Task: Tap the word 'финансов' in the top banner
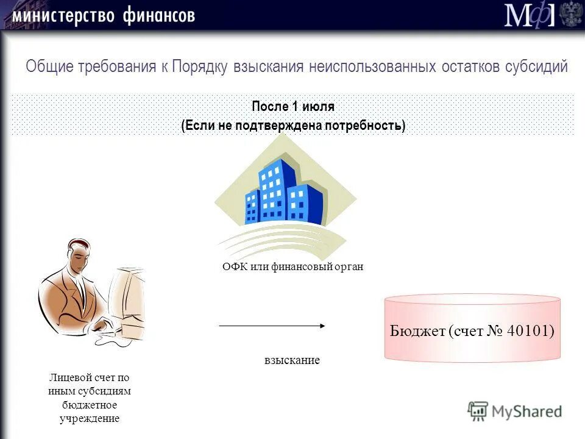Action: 159,15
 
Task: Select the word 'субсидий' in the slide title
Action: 536,66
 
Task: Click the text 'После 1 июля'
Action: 293,107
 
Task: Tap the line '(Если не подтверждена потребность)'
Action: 293,126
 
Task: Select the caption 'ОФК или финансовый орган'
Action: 292,267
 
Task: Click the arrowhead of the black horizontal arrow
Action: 322,326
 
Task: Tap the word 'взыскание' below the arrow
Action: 292,360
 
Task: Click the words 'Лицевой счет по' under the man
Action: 89,377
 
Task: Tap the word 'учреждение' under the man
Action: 89,418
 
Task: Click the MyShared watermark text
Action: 527,412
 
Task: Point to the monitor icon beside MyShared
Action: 478,412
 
